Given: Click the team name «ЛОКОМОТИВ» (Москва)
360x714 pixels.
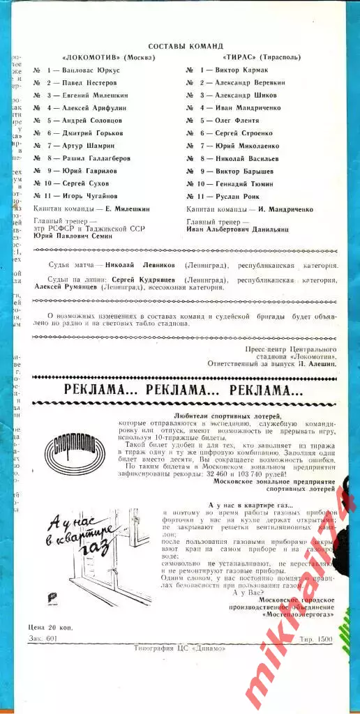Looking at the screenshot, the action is [108, 57].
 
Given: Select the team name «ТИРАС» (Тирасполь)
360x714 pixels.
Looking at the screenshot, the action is [260, 57].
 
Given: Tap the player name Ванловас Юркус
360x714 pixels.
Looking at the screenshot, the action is [91, 70].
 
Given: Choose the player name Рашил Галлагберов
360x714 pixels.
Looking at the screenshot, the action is [100, 158].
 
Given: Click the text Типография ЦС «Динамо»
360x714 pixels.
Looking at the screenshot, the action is [179, 648].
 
